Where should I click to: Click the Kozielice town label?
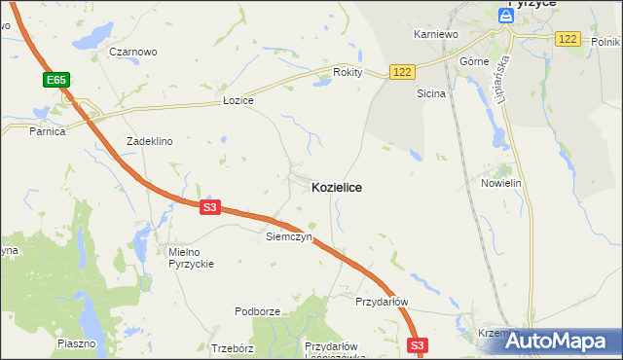pyautogui.click(x=337, y=187)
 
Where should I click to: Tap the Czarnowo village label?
pyautogui.click(x=133, y=52)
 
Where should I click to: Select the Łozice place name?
pyautogui.click(x=238, y=101)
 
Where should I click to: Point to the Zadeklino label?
pyautogui.click(x=150, y=141)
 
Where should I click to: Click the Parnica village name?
pyautogui.click(x=47, y=131)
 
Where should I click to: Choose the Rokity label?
pyautogui.click(x=348, y=72)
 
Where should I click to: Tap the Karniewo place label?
pyautogui.click(x=435, y=34)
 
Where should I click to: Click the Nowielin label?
pyautogui.click(x=502, y=183)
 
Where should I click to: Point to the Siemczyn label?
pyautogui.click(x=289, y=236)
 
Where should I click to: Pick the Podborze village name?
pyautogui.click(x=257, y=311)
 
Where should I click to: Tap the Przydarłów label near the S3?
pyautogui.click(x=382, y=302)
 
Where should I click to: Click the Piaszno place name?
pyautogui.click(x=77, y=343)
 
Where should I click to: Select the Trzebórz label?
pyautogui.click(x=232, y=347)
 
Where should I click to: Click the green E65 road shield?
pyautogui.click(x=56, y=79)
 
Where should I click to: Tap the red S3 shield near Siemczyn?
pyautogui.click(x=211, y=207)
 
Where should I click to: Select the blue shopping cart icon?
pyautogui.click(x=506, y=15)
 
